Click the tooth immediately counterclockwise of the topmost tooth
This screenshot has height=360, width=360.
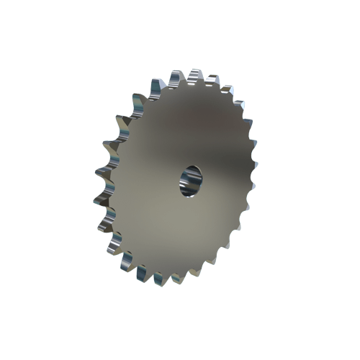coord(176,75)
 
